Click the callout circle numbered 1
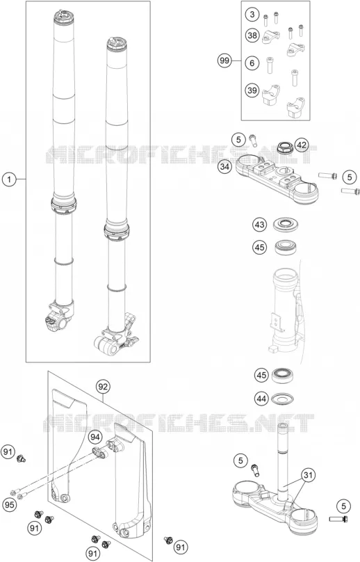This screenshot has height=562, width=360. point(10,179)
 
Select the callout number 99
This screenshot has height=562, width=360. point(224,61)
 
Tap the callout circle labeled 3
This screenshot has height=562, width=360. point(252,15)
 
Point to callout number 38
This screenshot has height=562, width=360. point(252,35)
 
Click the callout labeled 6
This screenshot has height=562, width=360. point(252,63)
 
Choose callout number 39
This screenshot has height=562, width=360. point(252,90)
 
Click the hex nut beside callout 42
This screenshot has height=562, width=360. point(285,147)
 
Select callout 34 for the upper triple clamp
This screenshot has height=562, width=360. point(224,168)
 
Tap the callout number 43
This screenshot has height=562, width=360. point(260,225)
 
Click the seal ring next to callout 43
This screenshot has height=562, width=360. point(286,225)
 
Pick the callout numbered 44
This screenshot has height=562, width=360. point(262,399)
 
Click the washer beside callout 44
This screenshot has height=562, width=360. point(284,398)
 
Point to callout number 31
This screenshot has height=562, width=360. point(308,476)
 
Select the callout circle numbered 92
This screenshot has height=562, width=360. point(103,387)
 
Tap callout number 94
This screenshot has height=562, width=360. point(95,437)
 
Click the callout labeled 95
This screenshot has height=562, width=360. point(10,505)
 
